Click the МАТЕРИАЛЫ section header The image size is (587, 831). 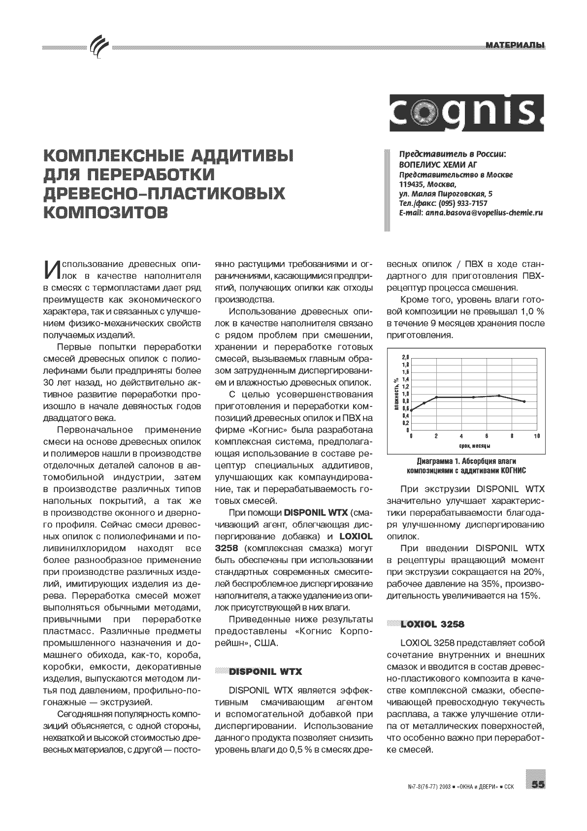tap(515, 46)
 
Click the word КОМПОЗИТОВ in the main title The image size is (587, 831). tap(105, 212)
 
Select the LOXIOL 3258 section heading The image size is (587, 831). tap(432, 624)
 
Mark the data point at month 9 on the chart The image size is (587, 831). tap(524, 401)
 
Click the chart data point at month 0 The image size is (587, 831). tap(412, 410)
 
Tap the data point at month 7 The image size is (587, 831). tap(499, 396)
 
